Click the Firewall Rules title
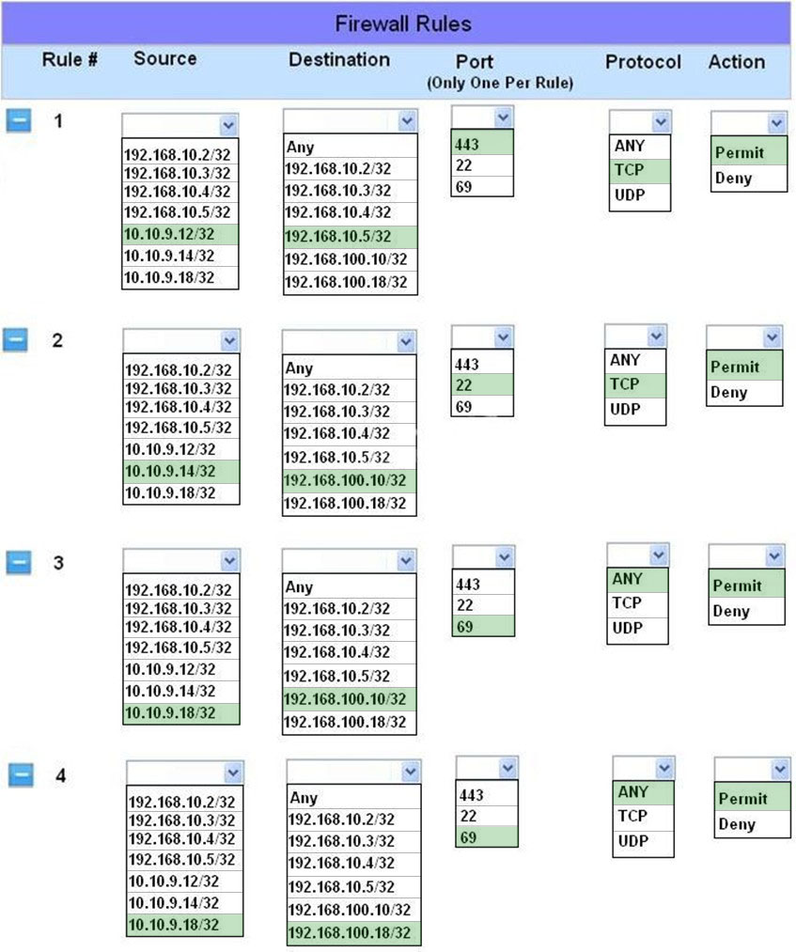(403, 23)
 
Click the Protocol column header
(643, 61)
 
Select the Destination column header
(339, 59)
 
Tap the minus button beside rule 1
(19, 120)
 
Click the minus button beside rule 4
(22, 774)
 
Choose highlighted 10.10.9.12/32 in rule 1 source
(169, 234)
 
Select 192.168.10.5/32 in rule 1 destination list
(337, 236)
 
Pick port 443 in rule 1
(467, 145)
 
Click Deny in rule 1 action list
(733, 178)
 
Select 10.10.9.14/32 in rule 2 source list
(170, 471)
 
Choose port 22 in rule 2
(464, 385)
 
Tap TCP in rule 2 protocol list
(624, 384)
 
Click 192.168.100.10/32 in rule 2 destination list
(345, 480)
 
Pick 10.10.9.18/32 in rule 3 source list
(170, 712)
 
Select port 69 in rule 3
(465, 627)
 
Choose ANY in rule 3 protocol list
(627, 579)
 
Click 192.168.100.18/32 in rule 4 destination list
(349, 932)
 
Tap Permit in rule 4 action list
(742, 799)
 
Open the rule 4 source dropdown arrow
(233, 773)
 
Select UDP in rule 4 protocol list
(632, 841)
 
